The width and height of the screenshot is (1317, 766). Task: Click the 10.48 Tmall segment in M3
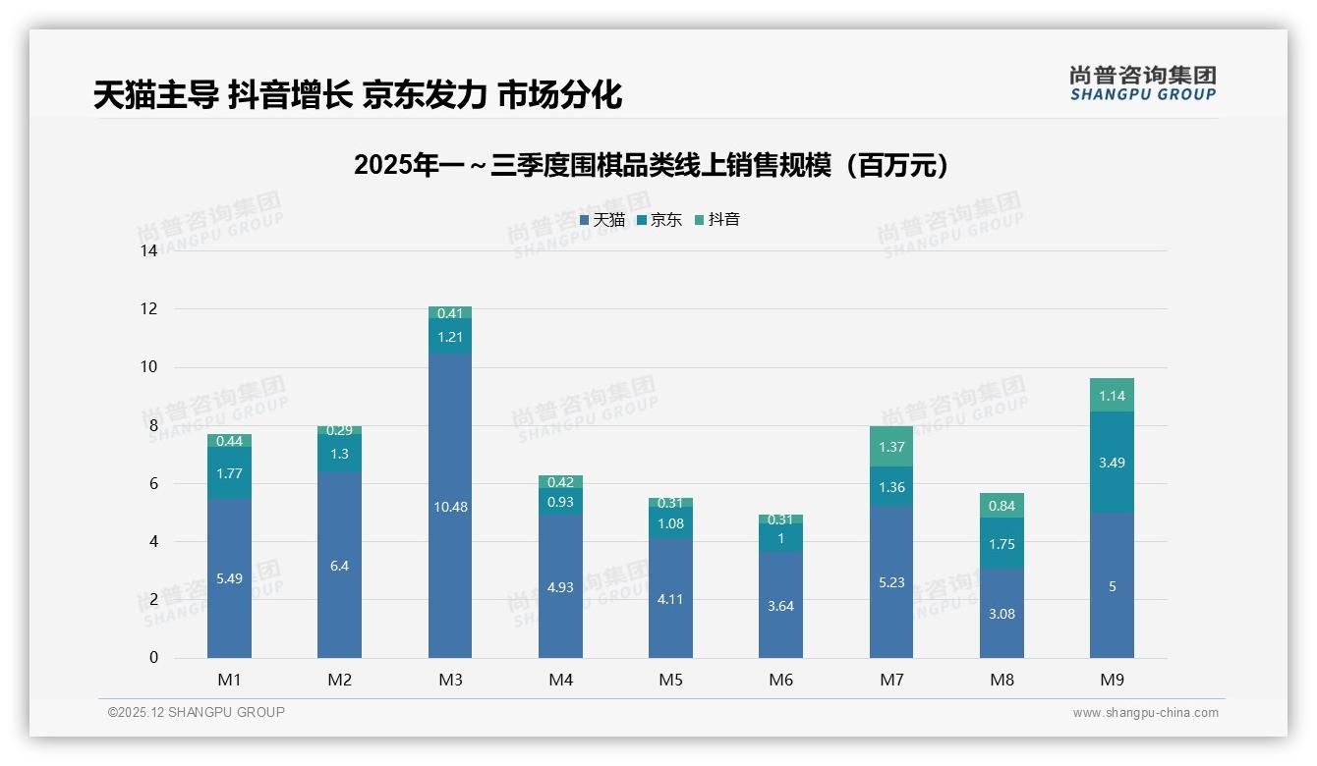click(x=449, y=506)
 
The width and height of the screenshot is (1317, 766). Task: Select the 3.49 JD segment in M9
click(x=1112, y=462)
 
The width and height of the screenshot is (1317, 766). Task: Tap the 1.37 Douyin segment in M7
click(x=891, y=447)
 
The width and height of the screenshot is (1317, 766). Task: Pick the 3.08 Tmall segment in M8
click(x=1002, y=613)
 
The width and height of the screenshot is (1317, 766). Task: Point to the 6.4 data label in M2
click(x=339, y=566)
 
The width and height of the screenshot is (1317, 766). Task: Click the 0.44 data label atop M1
click(x=229, y=441)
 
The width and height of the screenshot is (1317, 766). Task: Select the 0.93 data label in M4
click(x=560, y=502)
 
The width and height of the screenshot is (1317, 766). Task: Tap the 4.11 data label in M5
click(x=670, y=599)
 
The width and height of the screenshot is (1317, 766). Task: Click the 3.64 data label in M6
click(x=780, y=606)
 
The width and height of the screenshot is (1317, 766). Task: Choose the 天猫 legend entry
click(x=601, y=220)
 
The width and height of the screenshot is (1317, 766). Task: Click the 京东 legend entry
click(x=659, y=220)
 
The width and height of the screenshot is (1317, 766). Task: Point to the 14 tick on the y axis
click(x=149, y=251)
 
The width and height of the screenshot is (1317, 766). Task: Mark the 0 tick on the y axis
click(x=153, y=658)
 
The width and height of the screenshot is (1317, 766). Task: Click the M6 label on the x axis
click(x=780, y=680)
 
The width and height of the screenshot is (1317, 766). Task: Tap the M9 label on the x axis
click(x=1112, y=680)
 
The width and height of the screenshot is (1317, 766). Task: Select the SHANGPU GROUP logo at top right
click(x=1142, y=83)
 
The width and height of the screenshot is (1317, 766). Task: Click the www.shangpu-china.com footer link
click(x=1145, y=713)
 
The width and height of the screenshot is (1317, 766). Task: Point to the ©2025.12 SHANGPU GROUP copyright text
click(x=197, y=712)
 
